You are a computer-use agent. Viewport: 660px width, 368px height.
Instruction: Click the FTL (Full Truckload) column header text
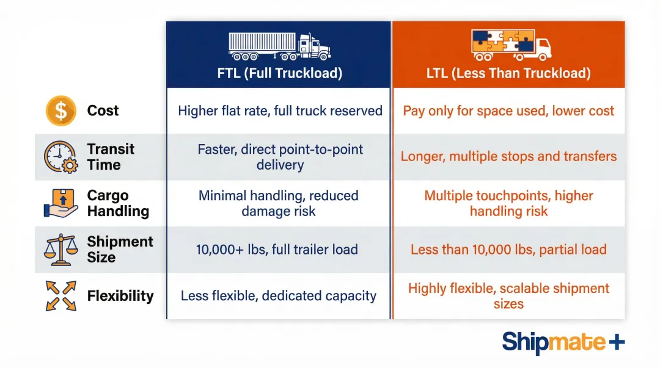279,74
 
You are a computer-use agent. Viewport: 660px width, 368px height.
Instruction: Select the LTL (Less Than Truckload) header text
508,74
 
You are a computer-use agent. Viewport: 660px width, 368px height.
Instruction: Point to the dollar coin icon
61,110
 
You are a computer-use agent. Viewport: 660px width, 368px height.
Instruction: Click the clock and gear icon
61,157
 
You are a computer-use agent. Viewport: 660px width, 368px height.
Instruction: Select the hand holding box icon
61,203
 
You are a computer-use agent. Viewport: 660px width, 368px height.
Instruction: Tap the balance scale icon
61,250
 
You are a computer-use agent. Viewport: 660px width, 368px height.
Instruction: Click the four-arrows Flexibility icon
61,296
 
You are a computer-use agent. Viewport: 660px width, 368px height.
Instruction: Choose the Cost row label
103,110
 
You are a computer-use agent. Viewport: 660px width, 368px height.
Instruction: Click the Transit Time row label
110,157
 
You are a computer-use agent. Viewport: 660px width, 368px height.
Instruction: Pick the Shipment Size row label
120,250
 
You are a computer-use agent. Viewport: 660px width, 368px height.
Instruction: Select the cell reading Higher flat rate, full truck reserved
280,111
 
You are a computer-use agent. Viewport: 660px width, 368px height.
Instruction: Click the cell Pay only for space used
508,111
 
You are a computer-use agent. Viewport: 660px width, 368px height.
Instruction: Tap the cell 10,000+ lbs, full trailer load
277,250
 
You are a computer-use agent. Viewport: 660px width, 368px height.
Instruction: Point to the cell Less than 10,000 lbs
508,250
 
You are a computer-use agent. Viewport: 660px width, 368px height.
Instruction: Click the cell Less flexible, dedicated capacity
279,296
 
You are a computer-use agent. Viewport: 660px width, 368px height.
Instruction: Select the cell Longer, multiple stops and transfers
508,157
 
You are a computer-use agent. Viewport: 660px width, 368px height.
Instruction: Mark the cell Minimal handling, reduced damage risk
279,203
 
